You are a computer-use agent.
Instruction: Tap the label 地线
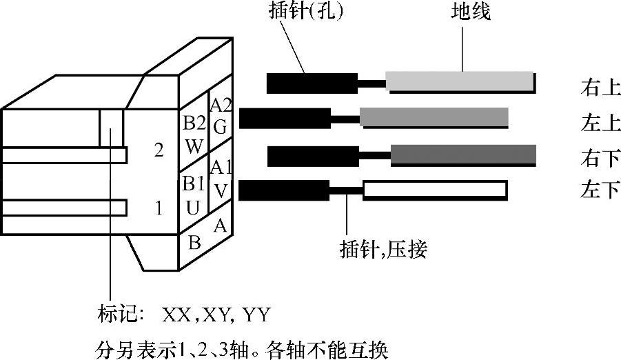[x=471, y=12]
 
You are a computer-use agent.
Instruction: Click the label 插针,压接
[x=383, y=248]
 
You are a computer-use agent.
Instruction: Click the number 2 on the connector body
[x=159, y=151]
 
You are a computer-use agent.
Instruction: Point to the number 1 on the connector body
[x=159, y=207]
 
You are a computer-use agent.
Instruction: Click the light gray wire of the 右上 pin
[x=460, y=82]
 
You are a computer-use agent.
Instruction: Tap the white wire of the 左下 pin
[x=435, y=190]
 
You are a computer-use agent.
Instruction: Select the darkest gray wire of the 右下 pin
[x=463, y=155]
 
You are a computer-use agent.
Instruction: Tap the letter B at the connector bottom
[x=194, y=243]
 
